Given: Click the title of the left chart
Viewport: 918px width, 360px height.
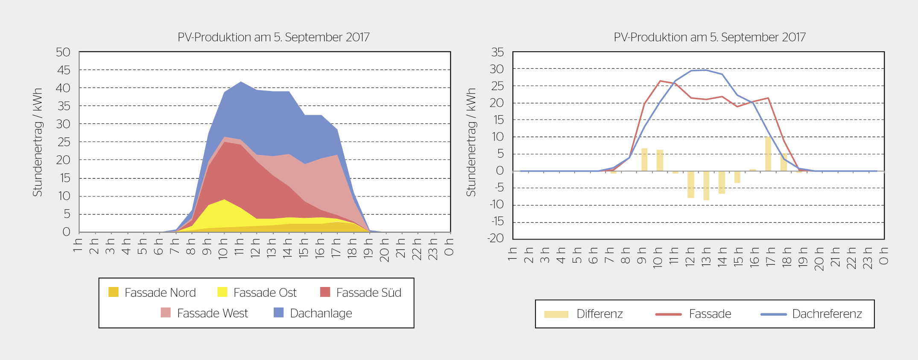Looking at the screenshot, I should click(x=273, y=38).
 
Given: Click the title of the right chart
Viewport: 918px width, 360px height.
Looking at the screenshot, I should click(x=709, y=38).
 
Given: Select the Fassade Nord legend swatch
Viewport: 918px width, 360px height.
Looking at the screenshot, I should click(x=113, y=292).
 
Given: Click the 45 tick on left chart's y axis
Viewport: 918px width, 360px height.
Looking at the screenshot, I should click(x=64, y=70).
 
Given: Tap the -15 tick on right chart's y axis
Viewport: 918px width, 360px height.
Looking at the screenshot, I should click(x=497, y=222).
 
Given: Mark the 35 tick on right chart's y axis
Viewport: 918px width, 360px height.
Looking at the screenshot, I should click(x=497, y=53).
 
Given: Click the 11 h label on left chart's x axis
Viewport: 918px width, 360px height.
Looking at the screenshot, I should click(x=239, y=247).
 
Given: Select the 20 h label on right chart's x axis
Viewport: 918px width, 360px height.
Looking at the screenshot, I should click(x=819, y=259).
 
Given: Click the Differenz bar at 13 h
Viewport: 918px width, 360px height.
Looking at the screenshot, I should click(x=706, y=185).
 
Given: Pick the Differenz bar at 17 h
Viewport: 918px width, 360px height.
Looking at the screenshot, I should click(x=768, y=154).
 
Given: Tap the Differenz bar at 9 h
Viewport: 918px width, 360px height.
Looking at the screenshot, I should click(x=644, y=160).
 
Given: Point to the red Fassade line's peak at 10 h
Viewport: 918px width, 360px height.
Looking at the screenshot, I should click(x=660, y=81).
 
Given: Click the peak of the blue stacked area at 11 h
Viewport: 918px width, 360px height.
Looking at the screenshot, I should click(x=241, y=82).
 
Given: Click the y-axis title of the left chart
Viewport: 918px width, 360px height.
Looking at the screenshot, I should click(x=38, y=142).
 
